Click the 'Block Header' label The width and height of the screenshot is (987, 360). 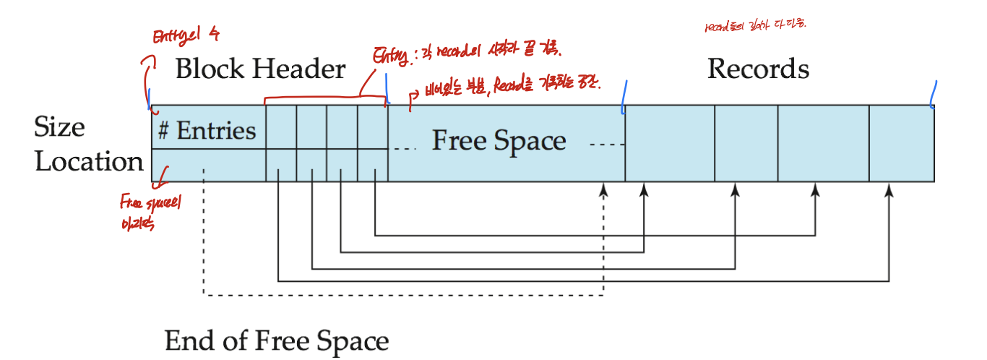[x=260, y=69]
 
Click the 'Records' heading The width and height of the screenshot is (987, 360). [x=758, y=69]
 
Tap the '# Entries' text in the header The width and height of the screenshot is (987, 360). [x=207, y=131]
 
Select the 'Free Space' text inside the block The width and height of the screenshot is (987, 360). [x=499, y=140]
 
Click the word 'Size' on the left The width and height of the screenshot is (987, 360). [x=59, y=127]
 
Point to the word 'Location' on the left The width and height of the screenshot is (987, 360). [x=89, y=161]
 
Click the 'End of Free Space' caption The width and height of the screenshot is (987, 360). [x=277, y=340]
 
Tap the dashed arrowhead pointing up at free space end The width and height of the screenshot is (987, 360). [x=603, y=189]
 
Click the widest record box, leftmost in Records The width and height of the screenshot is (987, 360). [x=670, y=143]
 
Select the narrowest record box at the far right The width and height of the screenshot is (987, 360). [x=902, y=143]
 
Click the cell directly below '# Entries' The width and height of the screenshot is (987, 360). [x=208, y=165]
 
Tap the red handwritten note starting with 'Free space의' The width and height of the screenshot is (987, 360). [x=151, y=213]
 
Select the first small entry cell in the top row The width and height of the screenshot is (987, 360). [x=281, y=127]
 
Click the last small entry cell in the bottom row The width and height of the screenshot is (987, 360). [x=373, y=165]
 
